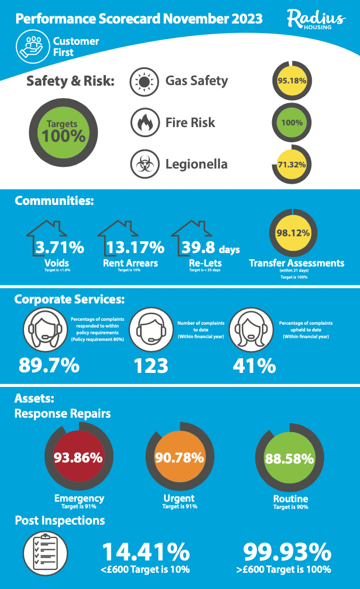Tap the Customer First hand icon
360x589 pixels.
pyautogui.click(x=32, y=46)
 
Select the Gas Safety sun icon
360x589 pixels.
pyautogui.click(x=144, y=81)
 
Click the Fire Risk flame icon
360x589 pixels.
pyautogui.click(x=144, y=122)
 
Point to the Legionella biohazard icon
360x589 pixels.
pyautogui.click(x=144, y=165)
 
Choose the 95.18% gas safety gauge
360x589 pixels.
pyautogui.click(x=291, y=80)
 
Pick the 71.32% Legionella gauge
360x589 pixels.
pyautogui.click(x=291, y=165)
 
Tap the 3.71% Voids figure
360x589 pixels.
pyautogui.click(x=60, y=247)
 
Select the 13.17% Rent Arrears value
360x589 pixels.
pyautogui.click(x=134, y=247)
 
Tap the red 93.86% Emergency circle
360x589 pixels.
pyautogui.click(x=78, y=457)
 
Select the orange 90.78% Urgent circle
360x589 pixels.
pyautogui.click(x=179, y=457)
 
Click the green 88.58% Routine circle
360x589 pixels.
pyautogui.click(x=289, y=459)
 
